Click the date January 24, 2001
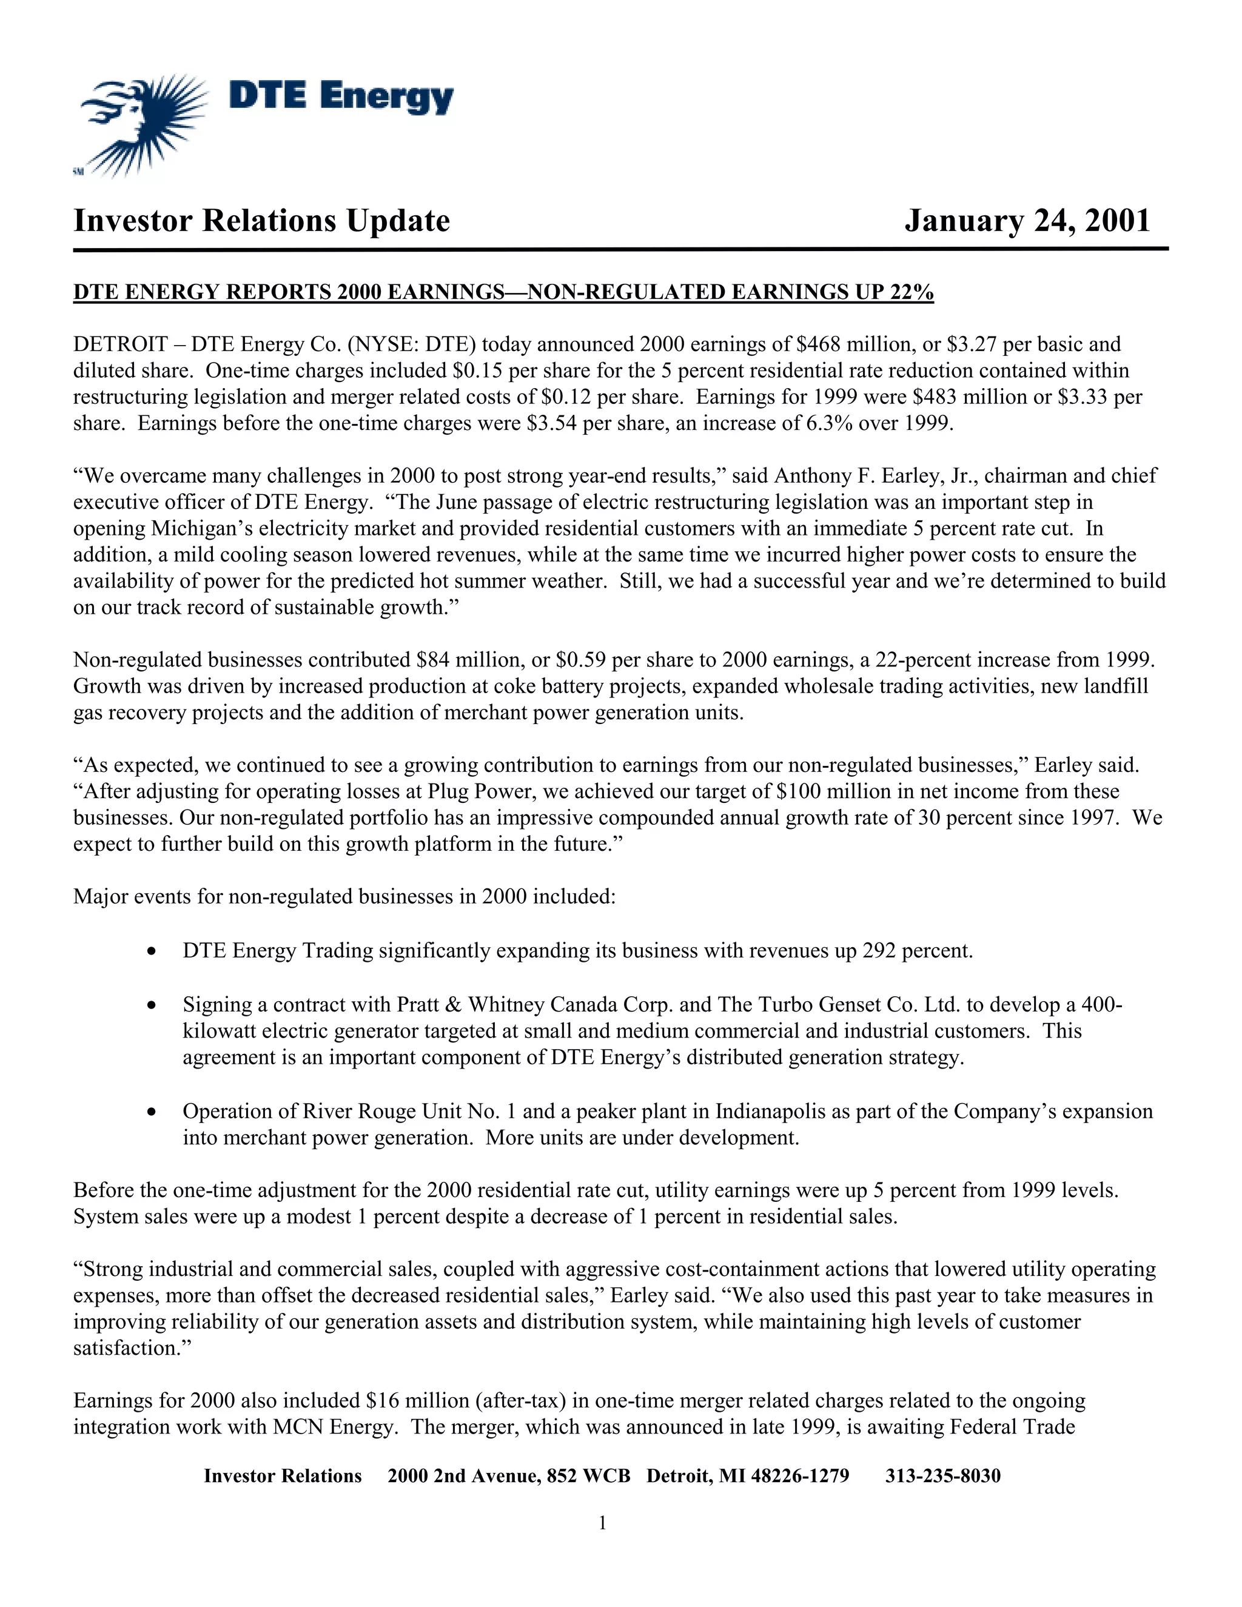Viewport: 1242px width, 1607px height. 1027,221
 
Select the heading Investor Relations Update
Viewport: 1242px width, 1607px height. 261,221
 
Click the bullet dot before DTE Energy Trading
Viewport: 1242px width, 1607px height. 151,952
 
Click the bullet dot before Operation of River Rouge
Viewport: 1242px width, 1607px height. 151,1112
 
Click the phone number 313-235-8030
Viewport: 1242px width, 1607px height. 942,1476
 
